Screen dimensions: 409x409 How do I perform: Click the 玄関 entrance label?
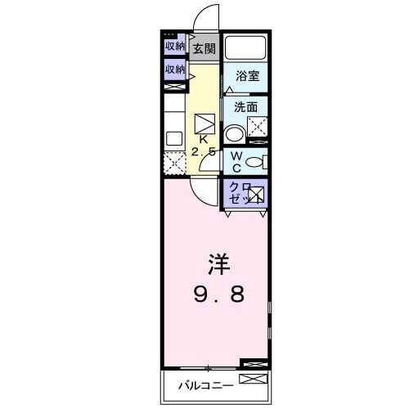tap(204, 47)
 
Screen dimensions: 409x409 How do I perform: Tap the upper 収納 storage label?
tap(175, 46)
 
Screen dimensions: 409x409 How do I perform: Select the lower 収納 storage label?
tap(175, 70)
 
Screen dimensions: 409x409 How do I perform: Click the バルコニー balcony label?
tap(205, 384)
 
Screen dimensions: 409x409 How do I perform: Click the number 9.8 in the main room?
tap(217, 294)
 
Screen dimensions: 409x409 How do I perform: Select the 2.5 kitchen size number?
tap(204, 152)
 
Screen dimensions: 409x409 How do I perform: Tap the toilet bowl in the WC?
tap(254, 161)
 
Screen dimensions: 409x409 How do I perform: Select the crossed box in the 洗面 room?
tap(258, 126)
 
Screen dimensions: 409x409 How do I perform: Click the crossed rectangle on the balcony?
tap(252, 380)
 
